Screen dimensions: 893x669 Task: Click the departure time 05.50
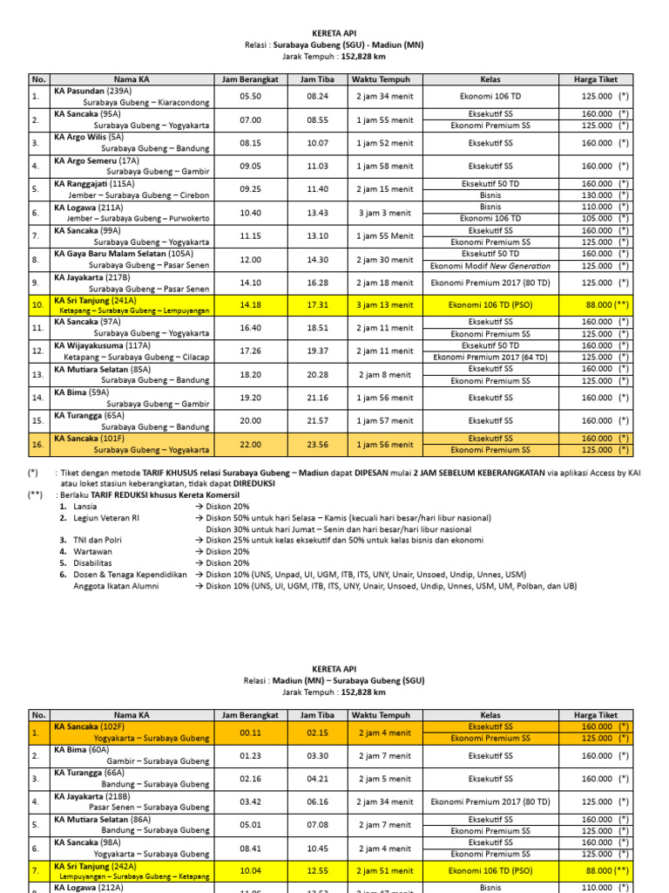250,97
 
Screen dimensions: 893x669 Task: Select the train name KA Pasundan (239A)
93,91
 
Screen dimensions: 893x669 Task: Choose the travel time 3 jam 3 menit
383,213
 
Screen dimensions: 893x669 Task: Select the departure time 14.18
250,305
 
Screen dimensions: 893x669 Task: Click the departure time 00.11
250,733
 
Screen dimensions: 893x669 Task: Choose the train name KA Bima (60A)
82,750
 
